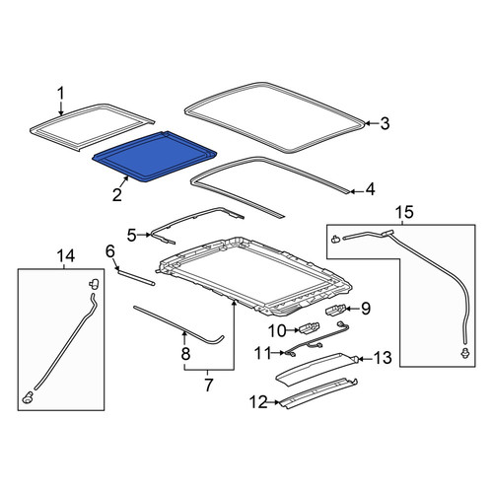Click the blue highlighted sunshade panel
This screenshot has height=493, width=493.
[155, 156]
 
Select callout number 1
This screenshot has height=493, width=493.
[61, 94]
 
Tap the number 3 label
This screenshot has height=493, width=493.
[385, 123]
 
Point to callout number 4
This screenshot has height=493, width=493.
[371, 189]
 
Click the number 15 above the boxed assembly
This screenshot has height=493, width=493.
[404, 212]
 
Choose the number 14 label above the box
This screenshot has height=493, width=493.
[66, 255]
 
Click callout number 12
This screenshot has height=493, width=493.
[258, 401]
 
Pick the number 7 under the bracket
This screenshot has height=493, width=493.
[208, 385]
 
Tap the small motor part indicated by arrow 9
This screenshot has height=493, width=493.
[335, 310]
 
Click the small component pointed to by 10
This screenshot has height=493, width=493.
[309, 328]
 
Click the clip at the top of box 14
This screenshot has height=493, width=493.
[95, 283]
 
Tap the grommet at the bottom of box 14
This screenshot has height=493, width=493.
[28, 397]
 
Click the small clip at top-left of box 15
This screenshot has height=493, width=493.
[336, 239]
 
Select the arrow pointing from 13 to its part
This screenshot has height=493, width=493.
[363, 359]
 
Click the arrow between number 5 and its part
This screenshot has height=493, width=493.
[144, 235]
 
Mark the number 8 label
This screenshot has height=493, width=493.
[185, 354]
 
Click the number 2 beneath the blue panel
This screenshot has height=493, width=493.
[117, 194]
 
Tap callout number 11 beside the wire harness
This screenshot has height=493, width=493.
[263, 353]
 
